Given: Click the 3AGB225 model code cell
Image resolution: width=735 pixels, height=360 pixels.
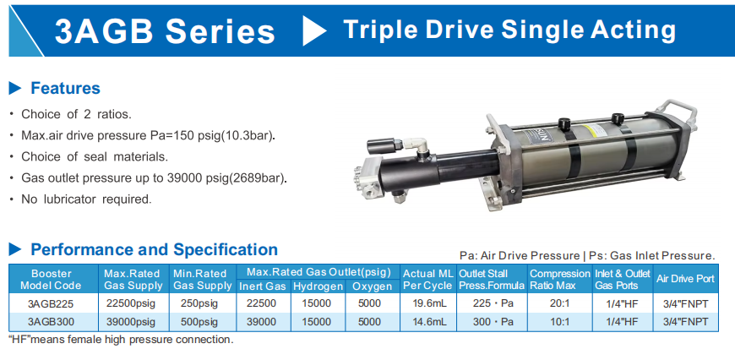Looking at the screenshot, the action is [51, 303].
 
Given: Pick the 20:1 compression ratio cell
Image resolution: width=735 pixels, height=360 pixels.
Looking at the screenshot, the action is [559, 303].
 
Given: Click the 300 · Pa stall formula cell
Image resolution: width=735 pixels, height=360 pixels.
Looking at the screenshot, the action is [492, 322].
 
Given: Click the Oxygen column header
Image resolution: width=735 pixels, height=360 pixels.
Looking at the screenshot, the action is [373, 286].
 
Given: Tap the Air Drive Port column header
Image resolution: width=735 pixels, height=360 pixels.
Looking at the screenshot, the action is [685, 279].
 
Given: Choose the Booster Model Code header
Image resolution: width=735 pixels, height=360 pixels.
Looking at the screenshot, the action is [51, 280].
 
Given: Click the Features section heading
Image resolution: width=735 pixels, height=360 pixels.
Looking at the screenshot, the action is [65, 88].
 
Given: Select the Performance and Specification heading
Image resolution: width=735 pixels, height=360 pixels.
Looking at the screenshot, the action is [154, 249].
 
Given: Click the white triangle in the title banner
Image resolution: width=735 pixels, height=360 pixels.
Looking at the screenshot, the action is [313, 30].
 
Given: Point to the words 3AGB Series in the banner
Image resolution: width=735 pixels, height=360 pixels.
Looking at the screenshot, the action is [165, 31].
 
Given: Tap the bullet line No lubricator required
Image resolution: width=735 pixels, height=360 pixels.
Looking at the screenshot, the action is [87, 199].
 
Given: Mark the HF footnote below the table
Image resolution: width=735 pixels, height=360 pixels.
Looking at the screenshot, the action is [121, 340].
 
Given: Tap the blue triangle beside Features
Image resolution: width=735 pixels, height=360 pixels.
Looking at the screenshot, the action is [15, 88].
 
